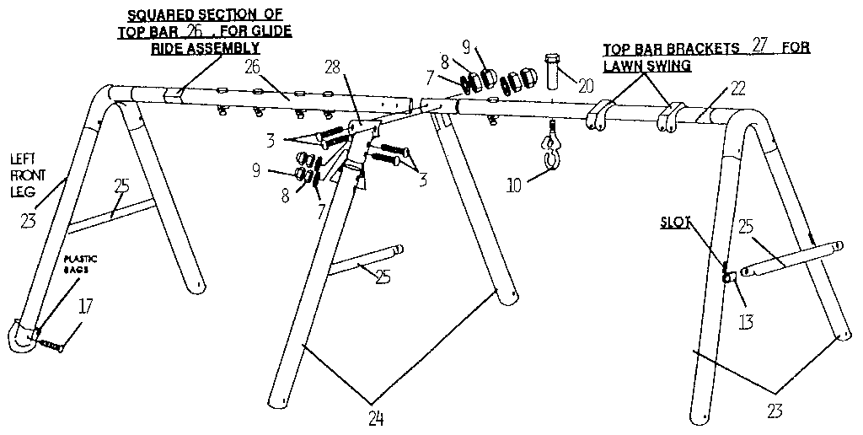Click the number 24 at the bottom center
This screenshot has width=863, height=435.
click(377, 416)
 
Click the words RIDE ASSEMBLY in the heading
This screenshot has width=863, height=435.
click(205, 49)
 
